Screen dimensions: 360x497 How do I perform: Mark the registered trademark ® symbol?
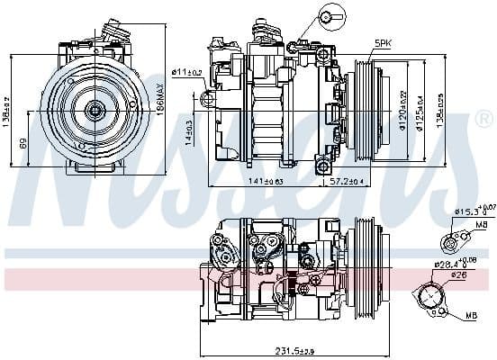483,119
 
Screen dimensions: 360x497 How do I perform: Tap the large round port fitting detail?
431,296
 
